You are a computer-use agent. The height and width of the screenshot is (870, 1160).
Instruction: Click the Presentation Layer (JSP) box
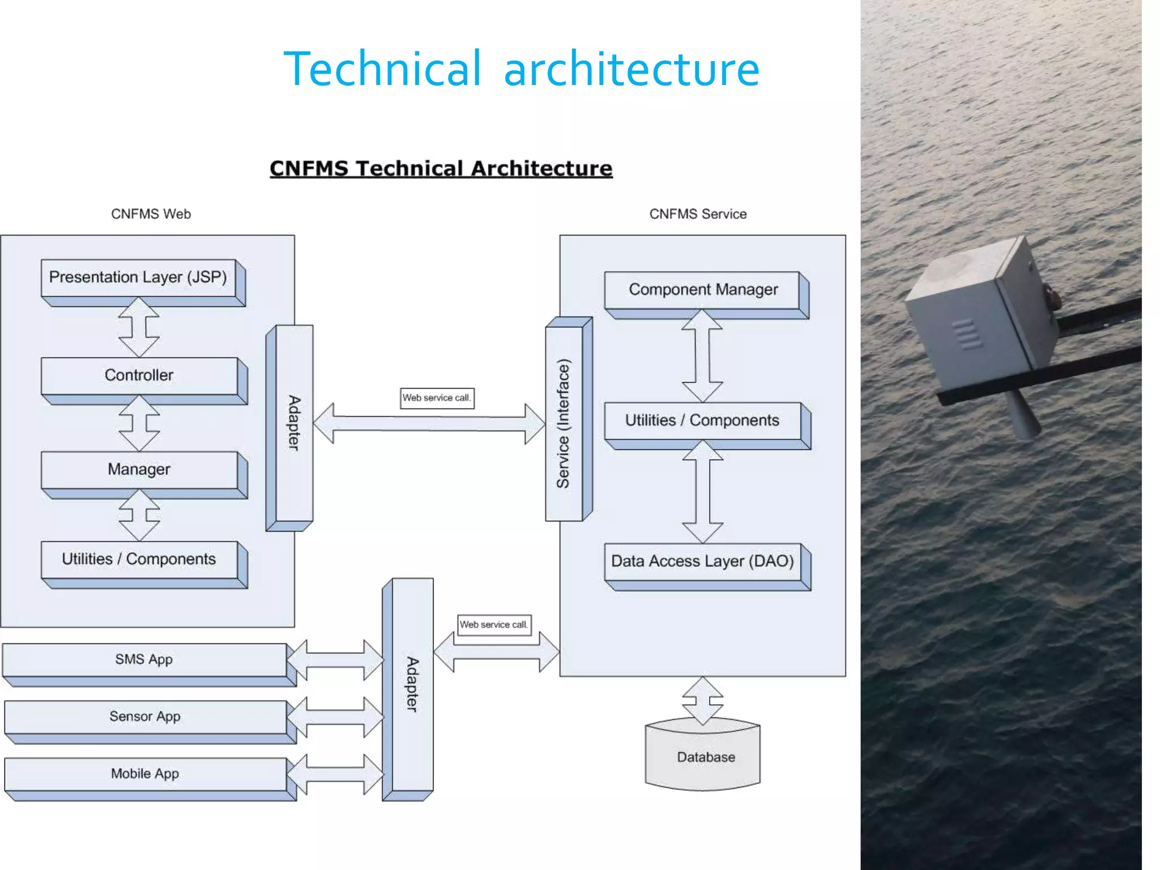(138, 278)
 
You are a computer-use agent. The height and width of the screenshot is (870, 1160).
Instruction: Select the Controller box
(139, 376)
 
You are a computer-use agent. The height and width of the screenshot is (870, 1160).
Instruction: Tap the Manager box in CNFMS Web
(139, 470)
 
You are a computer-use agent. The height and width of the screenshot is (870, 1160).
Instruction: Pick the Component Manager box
(702, 290)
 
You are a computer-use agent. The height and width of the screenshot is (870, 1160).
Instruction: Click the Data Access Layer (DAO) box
(702, 561)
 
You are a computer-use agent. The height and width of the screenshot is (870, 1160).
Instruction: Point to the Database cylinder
(702, 758)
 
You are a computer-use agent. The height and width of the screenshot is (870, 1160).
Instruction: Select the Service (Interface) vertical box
(564, 424)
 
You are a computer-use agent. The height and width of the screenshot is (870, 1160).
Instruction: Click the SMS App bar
(144, 660)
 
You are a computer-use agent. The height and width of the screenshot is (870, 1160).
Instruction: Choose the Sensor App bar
(145, 717)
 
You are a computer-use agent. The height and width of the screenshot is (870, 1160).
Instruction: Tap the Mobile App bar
(145, 774)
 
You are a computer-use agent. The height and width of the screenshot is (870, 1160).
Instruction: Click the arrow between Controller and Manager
(139, 424)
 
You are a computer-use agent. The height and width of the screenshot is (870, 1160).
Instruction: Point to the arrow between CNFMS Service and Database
(702, 701)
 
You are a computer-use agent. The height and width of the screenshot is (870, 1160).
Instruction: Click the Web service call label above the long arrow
(437, 398)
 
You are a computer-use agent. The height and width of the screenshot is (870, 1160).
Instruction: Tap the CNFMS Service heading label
(698, 214)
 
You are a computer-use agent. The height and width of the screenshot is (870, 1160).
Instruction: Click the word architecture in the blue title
(631, 69)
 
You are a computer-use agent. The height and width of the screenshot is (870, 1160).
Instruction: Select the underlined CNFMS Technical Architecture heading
(441, 169)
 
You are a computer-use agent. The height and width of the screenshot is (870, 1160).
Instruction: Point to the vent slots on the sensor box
(967, 334)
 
